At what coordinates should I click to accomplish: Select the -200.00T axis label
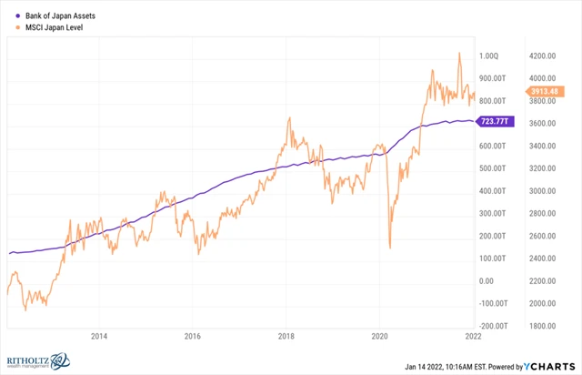tap(494, 325)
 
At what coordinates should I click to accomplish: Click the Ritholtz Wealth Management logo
tap(35, 362)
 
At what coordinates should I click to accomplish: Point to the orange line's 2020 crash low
tap(389, 247)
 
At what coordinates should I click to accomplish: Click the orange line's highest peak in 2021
tap(459, 53)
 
